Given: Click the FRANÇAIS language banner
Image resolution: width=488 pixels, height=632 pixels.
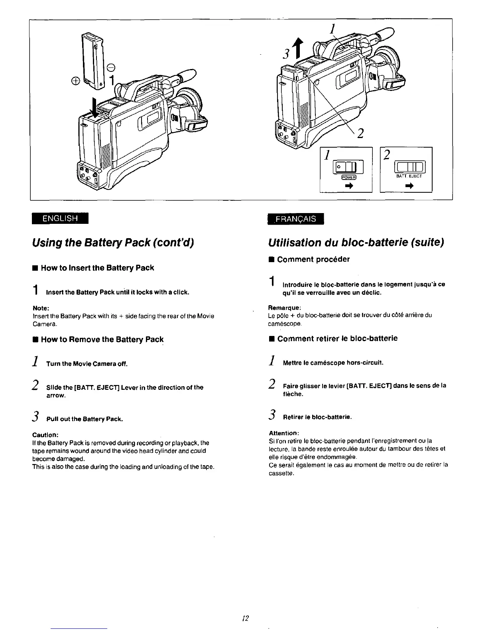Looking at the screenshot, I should click(296, 219).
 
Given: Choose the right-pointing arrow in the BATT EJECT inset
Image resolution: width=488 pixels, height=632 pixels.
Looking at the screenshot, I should click(408, 186).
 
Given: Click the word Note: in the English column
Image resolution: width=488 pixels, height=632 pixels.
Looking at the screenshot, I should click(41, 308).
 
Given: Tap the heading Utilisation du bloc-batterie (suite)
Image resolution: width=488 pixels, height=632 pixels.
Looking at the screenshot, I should click(356, 243).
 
